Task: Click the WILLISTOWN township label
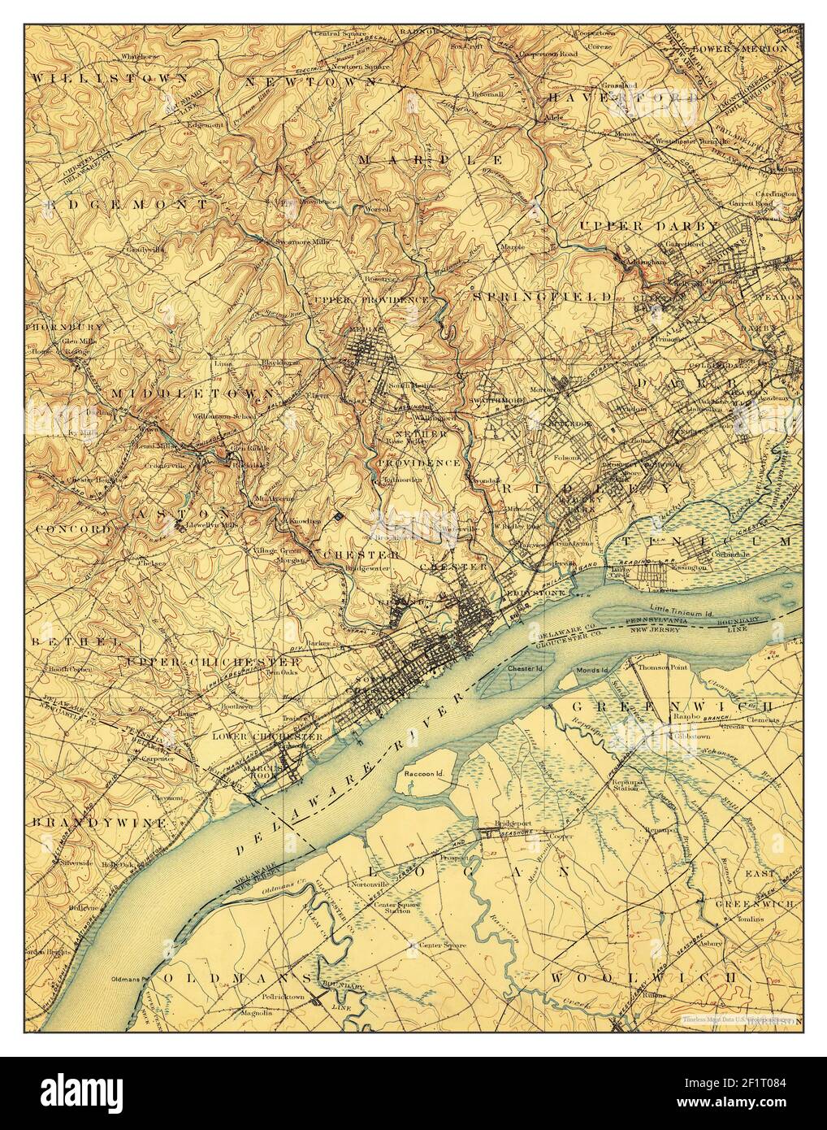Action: [x=110, y=77]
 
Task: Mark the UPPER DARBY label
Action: [x=648, y=224]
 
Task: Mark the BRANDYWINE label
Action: [x=100, y=823]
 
